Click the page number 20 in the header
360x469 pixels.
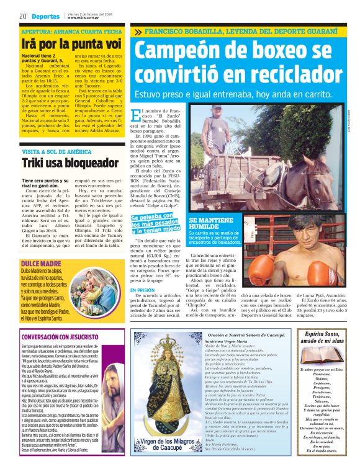pyautogui.click(x=22, y=16)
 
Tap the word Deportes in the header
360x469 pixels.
pyautogui.click(x=46, y=17)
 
